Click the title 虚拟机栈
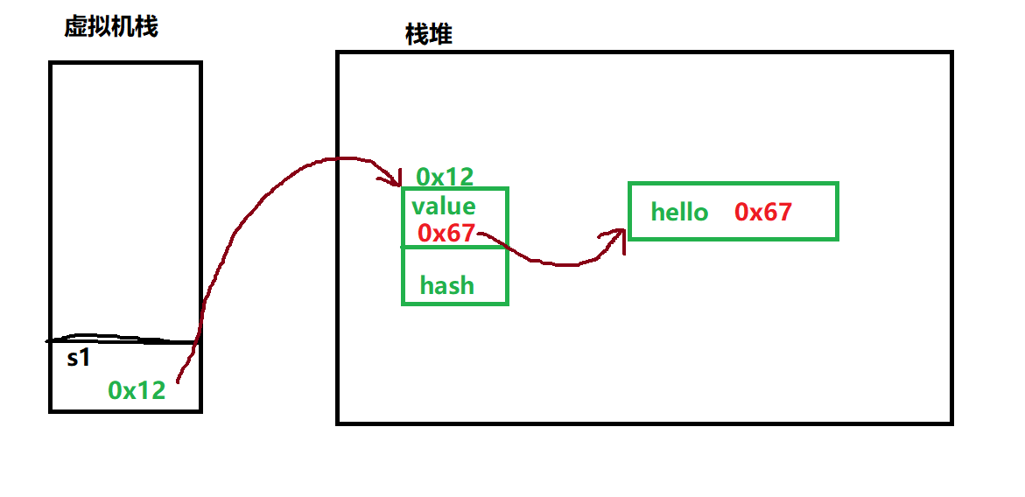110,27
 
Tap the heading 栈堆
428,35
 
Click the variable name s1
79,358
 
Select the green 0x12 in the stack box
137,390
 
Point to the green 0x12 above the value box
445,177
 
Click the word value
444,206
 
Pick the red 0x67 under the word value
446,233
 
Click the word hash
446,285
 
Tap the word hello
679,212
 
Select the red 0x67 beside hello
763,212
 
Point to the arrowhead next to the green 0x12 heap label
391,179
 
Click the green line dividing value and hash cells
454,248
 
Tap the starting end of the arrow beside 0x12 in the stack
179,381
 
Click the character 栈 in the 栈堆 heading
417,35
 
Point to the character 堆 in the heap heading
440,35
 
